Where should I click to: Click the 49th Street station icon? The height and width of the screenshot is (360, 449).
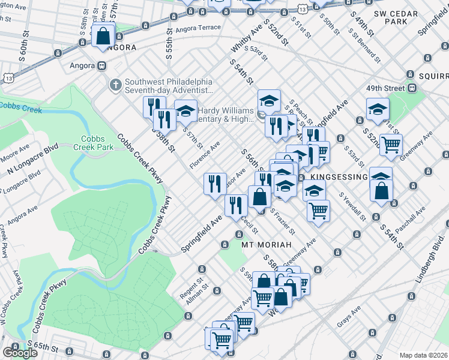[412, 88]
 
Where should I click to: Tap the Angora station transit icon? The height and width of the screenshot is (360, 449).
[102, 65]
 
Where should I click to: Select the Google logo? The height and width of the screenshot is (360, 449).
[20, 352]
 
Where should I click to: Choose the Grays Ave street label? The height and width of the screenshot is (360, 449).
[348, 318]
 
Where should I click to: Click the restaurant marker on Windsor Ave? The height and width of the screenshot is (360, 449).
[215, 182]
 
